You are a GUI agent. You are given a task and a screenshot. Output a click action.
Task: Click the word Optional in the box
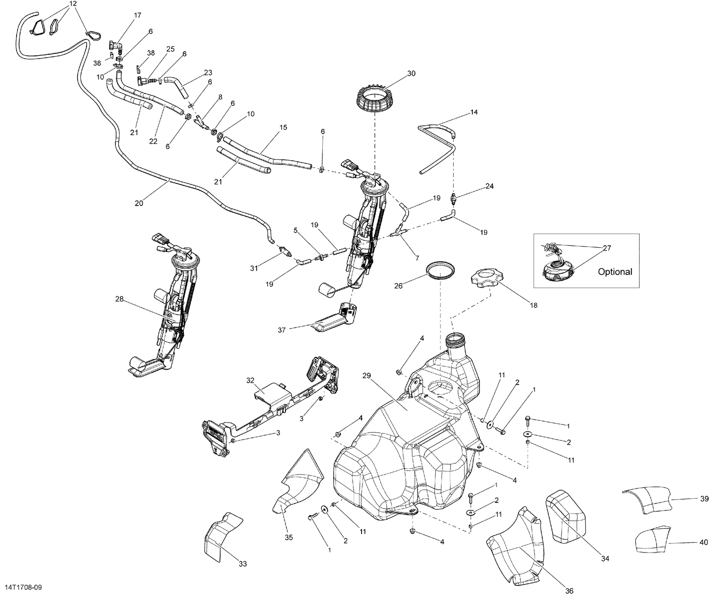pyautogui.click(x=614, y=272)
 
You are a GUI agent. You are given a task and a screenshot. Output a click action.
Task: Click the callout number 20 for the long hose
pyautogui.click(x=138, y=203)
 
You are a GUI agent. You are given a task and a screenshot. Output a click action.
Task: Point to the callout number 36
pyautogui.click(x=569, y=590)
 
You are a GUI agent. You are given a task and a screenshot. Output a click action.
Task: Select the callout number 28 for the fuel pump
pyautogui.click(x=120, y=299)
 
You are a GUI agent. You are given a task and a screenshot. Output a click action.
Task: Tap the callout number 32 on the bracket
pyautogui.click(x=250, y=380)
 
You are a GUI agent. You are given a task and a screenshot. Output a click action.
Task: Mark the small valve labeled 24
pyautogui.click(x=454, y=199)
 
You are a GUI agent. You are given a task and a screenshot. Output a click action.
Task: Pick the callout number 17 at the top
pyautogui.click(x=137, y=16)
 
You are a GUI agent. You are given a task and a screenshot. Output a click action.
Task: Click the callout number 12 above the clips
pyautogui.click(x=72, y=4)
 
